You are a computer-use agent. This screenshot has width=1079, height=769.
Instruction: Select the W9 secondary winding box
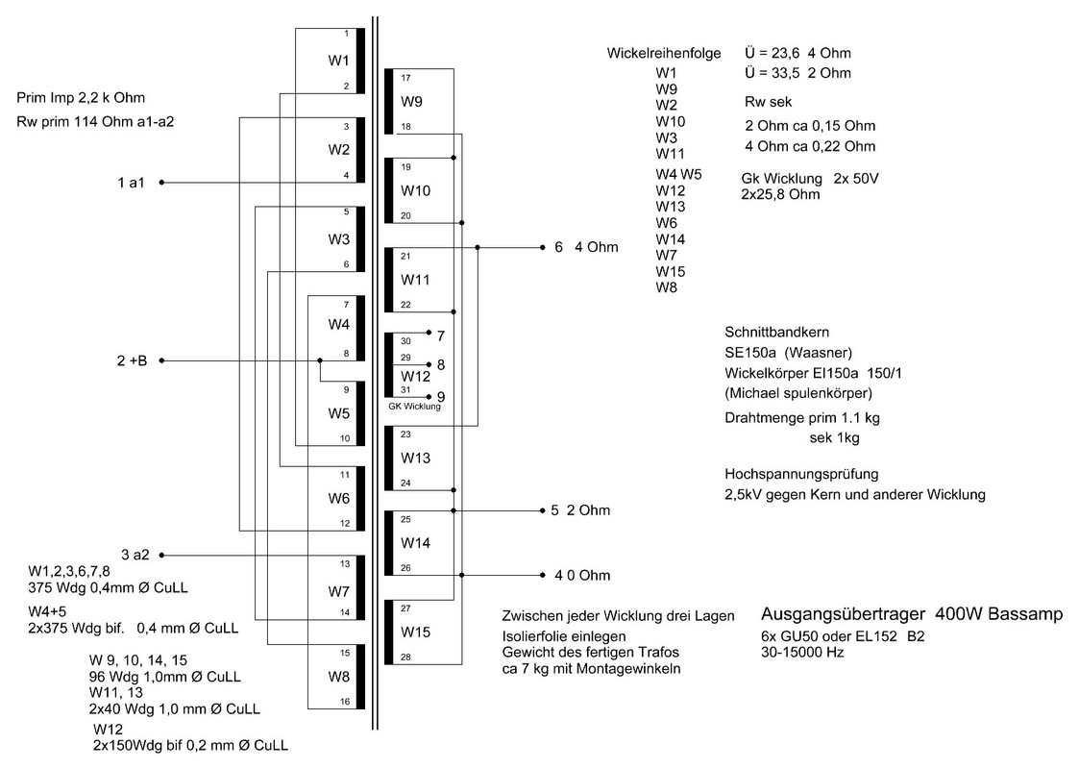[x=413, y=101]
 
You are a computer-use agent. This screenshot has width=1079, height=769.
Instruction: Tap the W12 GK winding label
[x=414, y=376]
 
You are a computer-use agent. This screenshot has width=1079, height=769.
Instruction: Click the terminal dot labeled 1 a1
[x=161, y=182]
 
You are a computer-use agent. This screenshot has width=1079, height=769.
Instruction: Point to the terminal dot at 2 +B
[x=161, y=360]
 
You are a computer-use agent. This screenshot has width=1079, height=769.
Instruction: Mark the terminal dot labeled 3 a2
[x=161, y=555]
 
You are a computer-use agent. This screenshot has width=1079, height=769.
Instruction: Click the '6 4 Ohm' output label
[x=586, y=247]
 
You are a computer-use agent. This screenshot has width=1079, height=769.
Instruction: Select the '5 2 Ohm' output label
[x=579, y=510]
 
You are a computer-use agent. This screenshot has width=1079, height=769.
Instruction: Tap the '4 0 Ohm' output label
[x=581, y=576]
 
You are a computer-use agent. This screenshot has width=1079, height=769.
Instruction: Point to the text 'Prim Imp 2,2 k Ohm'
[x=81, y=98]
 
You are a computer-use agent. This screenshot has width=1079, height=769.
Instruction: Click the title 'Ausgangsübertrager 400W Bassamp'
[x=911, y=614]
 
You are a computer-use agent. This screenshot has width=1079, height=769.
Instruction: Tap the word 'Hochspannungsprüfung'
[x=801, y=474]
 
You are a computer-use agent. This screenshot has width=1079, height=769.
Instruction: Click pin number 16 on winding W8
[x=346, y=702]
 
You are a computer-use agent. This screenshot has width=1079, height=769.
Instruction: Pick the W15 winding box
[x=415, y=633]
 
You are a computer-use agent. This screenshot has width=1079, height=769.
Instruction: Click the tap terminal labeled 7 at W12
[x=439, y=335]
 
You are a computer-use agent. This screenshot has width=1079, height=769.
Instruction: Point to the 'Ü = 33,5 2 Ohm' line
[x=797, y=73]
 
